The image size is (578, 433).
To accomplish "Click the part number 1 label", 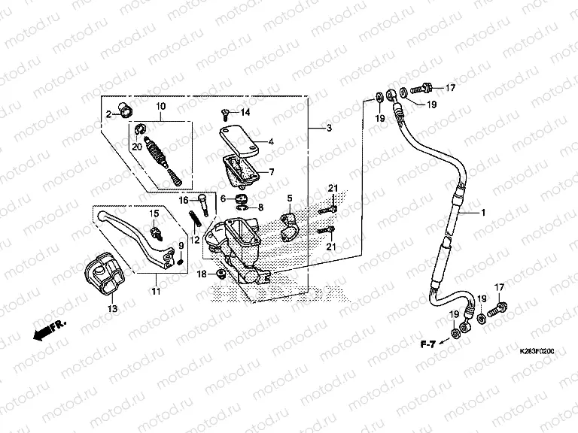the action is point(484,213).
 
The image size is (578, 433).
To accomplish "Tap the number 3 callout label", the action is point(329,129).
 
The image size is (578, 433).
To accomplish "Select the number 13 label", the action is point(113,307).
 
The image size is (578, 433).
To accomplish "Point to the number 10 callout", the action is point(160,107).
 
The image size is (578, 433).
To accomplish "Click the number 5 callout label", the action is point(288,198).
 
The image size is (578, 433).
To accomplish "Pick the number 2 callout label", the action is point(108,114).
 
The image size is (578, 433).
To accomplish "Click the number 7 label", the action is point(272,171).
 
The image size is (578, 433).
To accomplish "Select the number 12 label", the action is point(194,240).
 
